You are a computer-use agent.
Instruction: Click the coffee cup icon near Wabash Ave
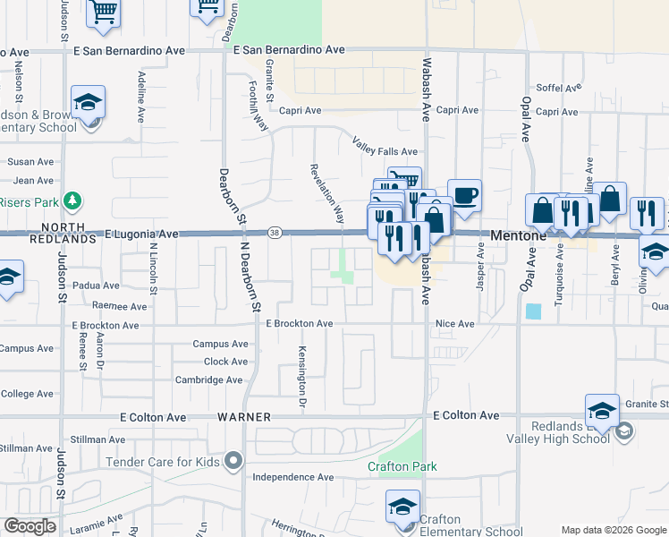(464, 194)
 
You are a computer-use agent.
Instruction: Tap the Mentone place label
(518, 234)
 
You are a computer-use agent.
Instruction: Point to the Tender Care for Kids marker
(233, 462)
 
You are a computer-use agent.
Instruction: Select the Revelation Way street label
(327, 193)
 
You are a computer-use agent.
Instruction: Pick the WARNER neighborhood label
(243, 417)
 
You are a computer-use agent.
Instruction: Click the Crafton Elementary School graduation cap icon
(403, 507)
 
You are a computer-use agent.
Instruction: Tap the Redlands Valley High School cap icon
(602, 411)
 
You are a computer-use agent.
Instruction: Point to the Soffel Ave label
(558, 88)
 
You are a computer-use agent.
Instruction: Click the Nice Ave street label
(454, 323)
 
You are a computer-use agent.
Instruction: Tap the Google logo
(30, 526)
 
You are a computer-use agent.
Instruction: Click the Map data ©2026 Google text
(613, 530)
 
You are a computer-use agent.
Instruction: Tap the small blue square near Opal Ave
(534, 311)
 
